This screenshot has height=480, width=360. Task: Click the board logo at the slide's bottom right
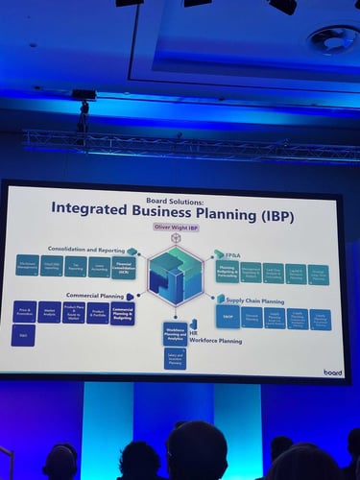coord(332,372)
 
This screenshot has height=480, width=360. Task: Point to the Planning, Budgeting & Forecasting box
coord(228,272)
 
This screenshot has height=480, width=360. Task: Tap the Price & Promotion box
coord(24,311)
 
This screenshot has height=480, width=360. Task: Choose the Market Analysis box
coord(49,311)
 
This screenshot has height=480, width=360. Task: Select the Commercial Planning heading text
coord(94,295)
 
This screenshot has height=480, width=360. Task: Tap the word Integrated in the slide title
coord(91,206)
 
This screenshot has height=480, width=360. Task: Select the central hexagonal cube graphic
coord(176,275)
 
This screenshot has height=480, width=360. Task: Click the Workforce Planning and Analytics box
coord(175,333)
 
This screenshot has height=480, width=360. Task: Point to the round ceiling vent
coord(324,39)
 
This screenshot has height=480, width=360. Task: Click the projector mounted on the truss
coord(84,96)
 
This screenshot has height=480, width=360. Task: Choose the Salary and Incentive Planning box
coord(175,358)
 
